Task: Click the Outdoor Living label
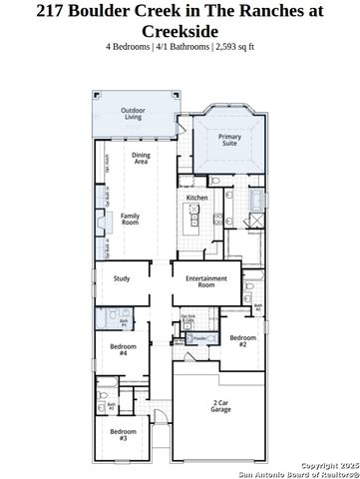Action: point(133,113)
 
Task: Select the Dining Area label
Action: point(141,158)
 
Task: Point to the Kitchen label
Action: point(196,198)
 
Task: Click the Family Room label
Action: point(130,220)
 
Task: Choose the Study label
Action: point(122,278)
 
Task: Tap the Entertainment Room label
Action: point(205,281)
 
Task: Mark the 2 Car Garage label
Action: point(220,406)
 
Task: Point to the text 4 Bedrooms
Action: point(131,47)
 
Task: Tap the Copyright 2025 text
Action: point(329,465)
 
